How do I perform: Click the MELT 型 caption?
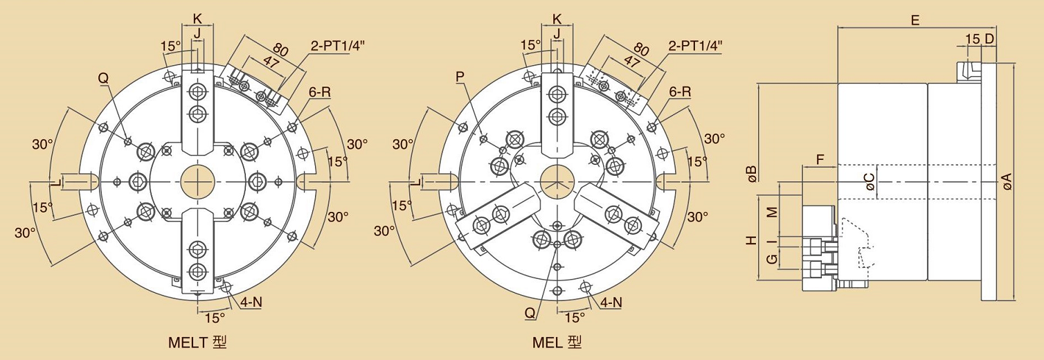click(x=197, y=343)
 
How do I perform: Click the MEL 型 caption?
click(x=557, y=343)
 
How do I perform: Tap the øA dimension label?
click(x=1007, y=181)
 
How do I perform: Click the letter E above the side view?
click(x=915, y=21)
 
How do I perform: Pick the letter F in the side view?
click(x=820, y=160)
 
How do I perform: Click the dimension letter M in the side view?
click(x=773, y=212)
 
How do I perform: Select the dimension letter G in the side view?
click(x=773, y=258)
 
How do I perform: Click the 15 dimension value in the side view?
click(x=973, y=39)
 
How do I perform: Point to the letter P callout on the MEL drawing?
click(x=460, y=77)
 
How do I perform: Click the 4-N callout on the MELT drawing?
click(x=251, y=302)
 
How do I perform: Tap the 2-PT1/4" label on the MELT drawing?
click(x=337, y=46)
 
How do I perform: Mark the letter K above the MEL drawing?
click(x=557, y=19)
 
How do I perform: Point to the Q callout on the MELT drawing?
click(x=103, y=78)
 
